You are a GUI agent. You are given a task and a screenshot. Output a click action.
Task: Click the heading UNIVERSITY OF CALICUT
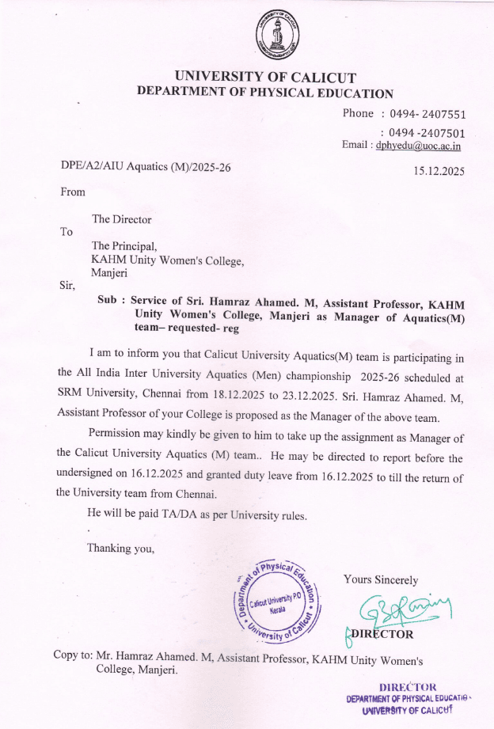(x=265, y=78)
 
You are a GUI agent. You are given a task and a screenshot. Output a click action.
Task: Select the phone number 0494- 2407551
(x=427, y=114)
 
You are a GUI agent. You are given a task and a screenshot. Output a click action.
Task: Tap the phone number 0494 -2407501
(x=427, y=133)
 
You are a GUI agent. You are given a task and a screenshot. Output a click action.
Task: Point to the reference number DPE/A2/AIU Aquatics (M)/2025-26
(x=146, y=167)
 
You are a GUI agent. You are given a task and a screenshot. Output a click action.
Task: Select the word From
(x=73, y=191)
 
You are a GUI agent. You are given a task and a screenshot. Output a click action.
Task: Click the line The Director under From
(x=121, y=219)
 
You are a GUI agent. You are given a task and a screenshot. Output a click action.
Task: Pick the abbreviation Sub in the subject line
(x=106, y=303)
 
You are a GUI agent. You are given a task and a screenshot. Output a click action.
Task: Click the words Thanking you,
(x=120, y=548)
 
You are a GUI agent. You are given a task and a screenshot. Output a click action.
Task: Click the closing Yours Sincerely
(x=381, y=580)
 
